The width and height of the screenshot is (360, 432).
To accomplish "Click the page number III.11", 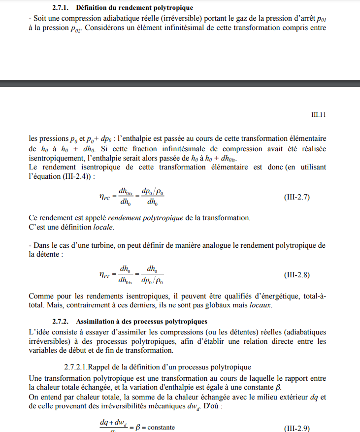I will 320,115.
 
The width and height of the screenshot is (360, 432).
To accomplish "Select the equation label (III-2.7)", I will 297,197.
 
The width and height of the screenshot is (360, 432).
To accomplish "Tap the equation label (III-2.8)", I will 297,274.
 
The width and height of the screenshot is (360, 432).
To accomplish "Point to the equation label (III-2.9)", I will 297,428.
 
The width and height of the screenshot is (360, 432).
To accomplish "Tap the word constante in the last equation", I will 161,427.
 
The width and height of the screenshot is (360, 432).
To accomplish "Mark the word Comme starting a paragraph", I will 40,296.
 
